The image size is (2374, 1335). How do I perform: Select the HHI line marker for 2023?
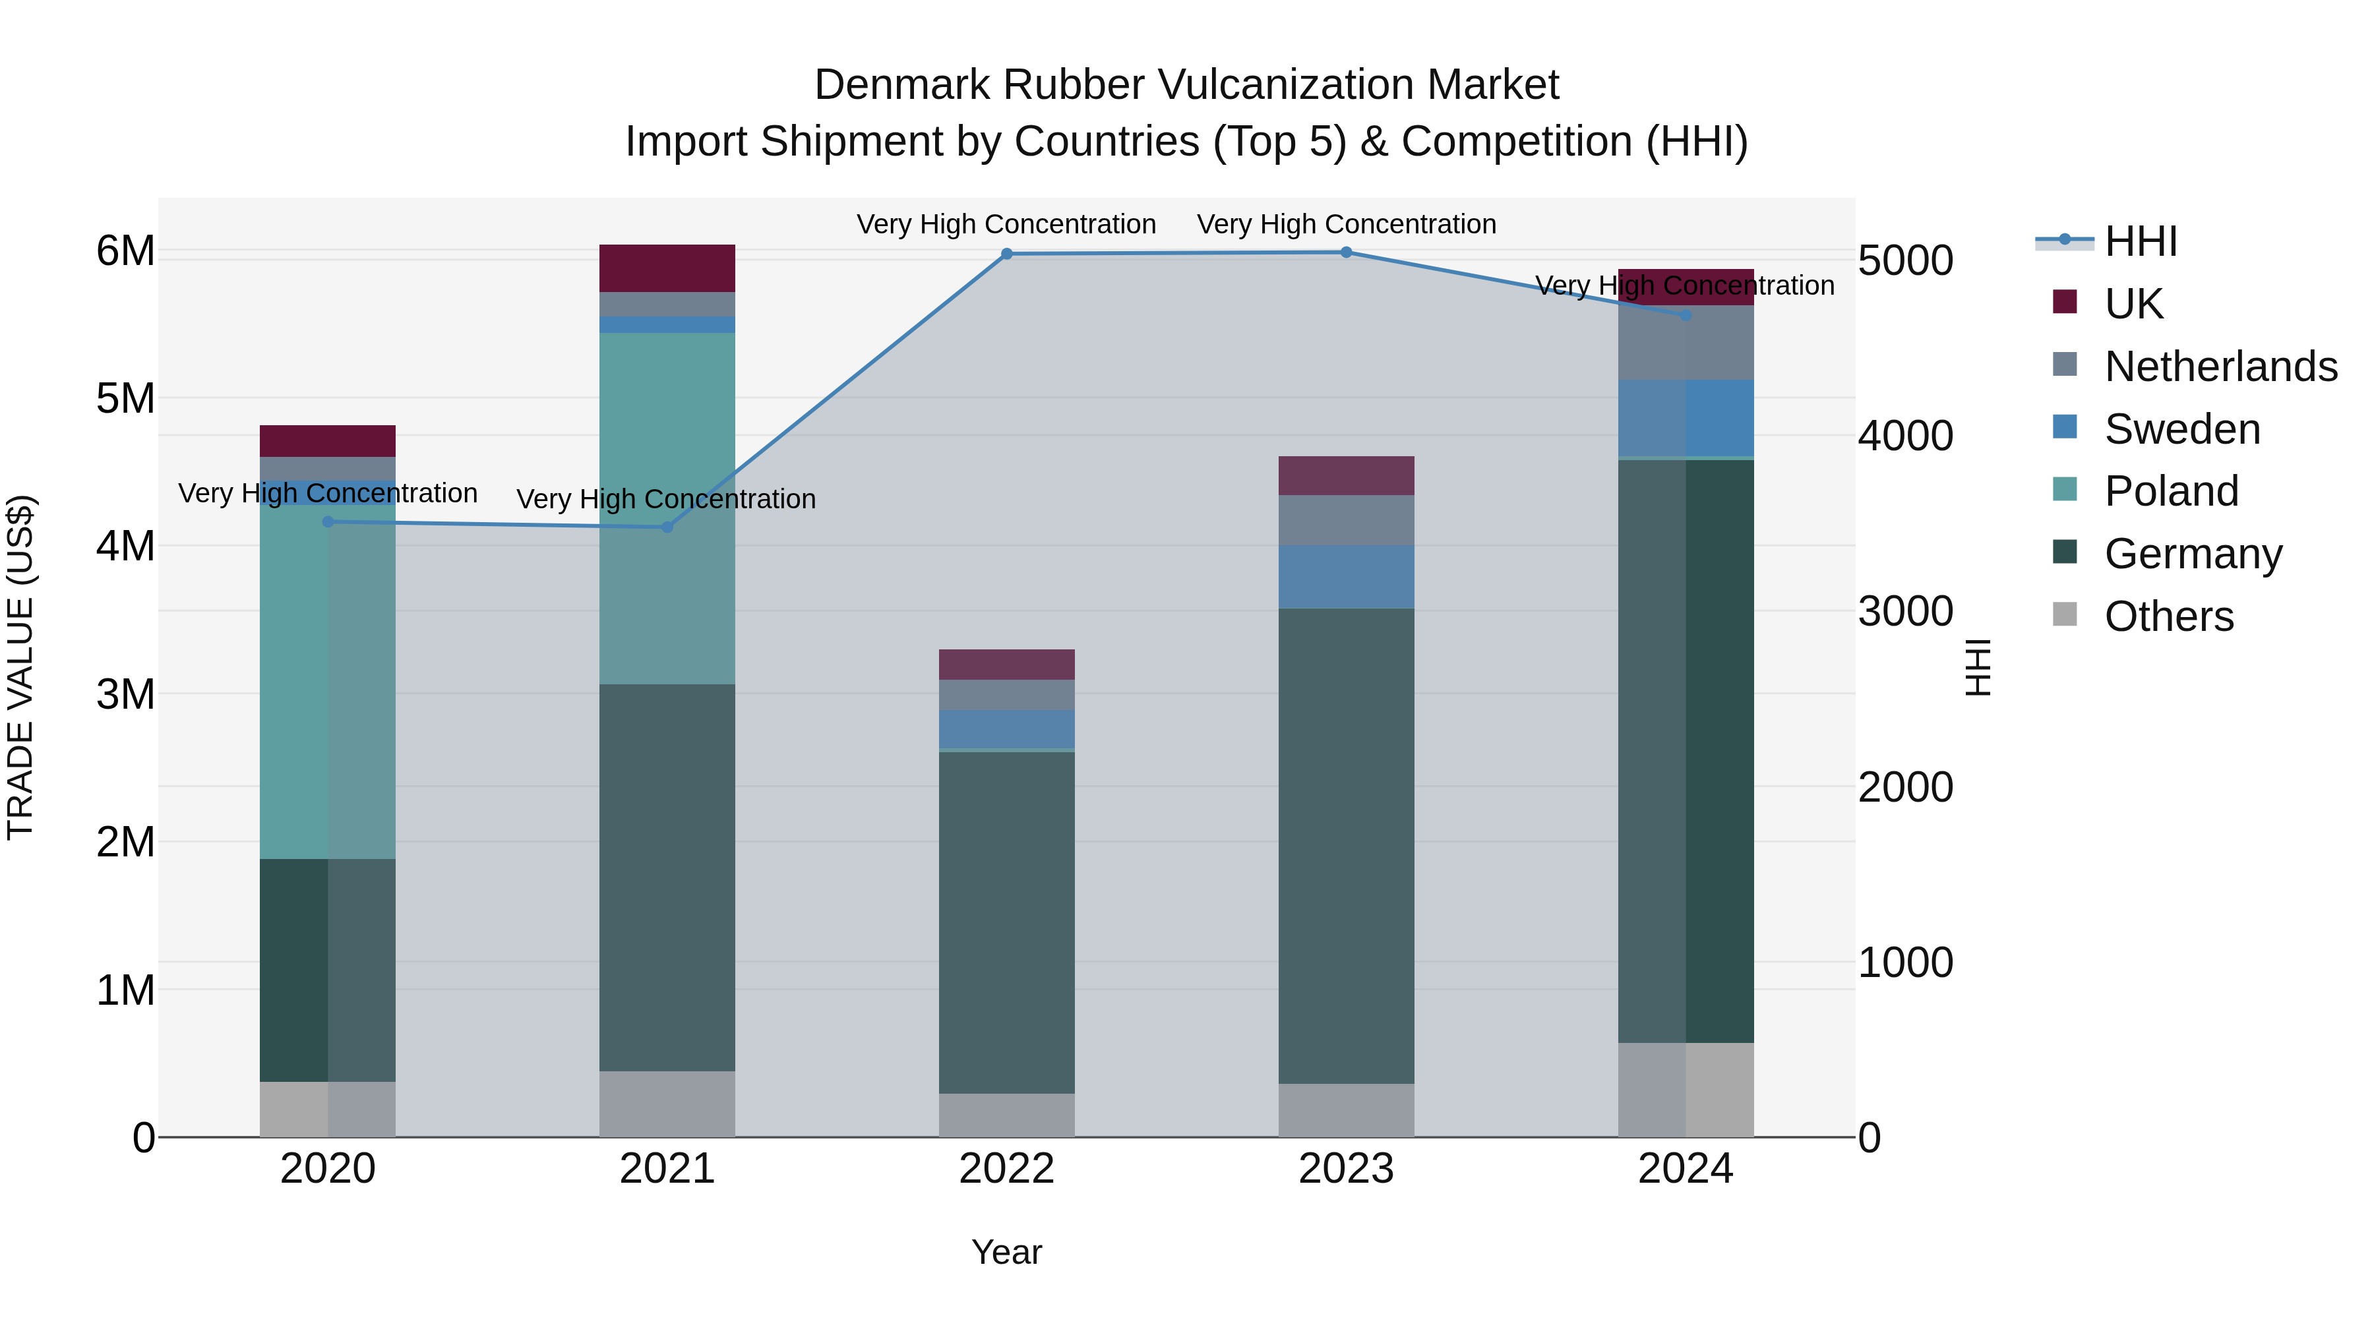[x=1347, y=252]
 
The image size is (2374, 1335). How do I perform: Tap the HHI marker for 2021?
[x=667, y=527]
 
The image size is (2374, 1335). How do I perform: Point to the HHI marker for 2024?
[x=1686, y=315]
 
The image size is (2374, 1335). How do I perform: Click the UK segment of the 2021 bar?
[x=667, y=268]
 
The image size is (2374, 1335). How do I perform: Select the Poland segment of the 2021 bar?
[x=667, y=508]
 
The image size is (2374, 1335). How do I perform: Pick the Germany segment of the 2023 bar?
[x=1347, y=845]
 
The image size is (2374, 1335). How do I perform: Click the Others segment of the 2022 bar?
[x=1006, y=1115]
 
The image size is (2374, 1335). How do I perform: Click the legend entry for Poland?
[x=2170, y=491]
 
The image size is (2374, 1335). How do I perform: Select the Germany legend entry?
[x=2193, y=554]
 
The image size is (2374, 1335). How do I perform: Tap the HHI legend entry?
[x=2140, y=241]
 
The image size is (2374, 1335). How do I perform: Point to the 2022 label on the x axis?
[x=1006, y=1169]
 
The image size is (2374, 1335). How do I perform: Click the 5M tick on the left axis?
[x=125, y=399]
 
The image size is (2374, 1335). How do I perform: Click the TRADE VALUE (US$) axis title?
[x=20, y=667]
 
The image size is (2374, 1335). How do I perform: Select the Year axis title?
[x=1006, y=1252]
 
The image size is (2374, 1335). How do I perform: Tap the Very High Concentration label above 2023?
[x=1347, y=224]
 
